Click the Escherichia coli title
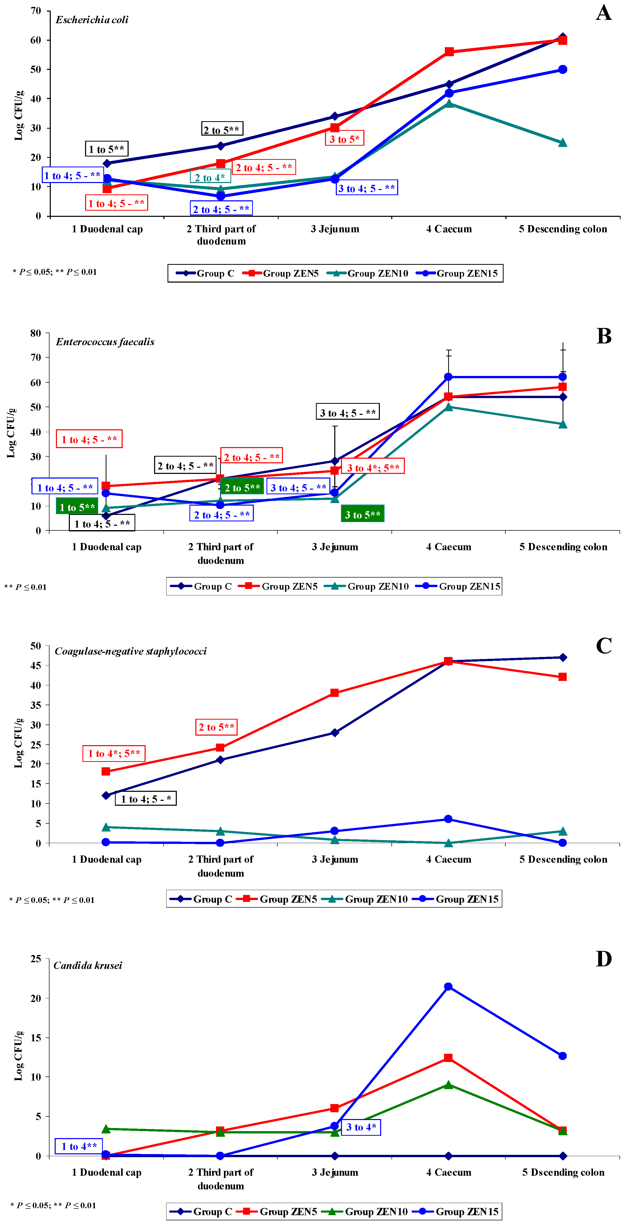[92, 20]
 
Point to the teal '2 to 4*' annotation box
[210, 177]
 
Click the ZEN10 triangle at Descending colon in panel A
[562, 143]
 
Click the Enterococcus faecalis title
[105, 342]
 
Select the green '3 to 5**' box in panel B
[362, 514]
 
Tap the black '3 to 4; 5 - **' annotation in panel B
[348, 412]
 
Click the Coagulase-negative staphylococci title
[131, 651]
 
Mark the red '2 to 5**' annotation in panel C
[216, 727]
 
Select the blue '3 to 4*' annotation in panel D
[361, 1127]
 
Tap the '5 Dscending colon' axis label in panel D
[563, 1172]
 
